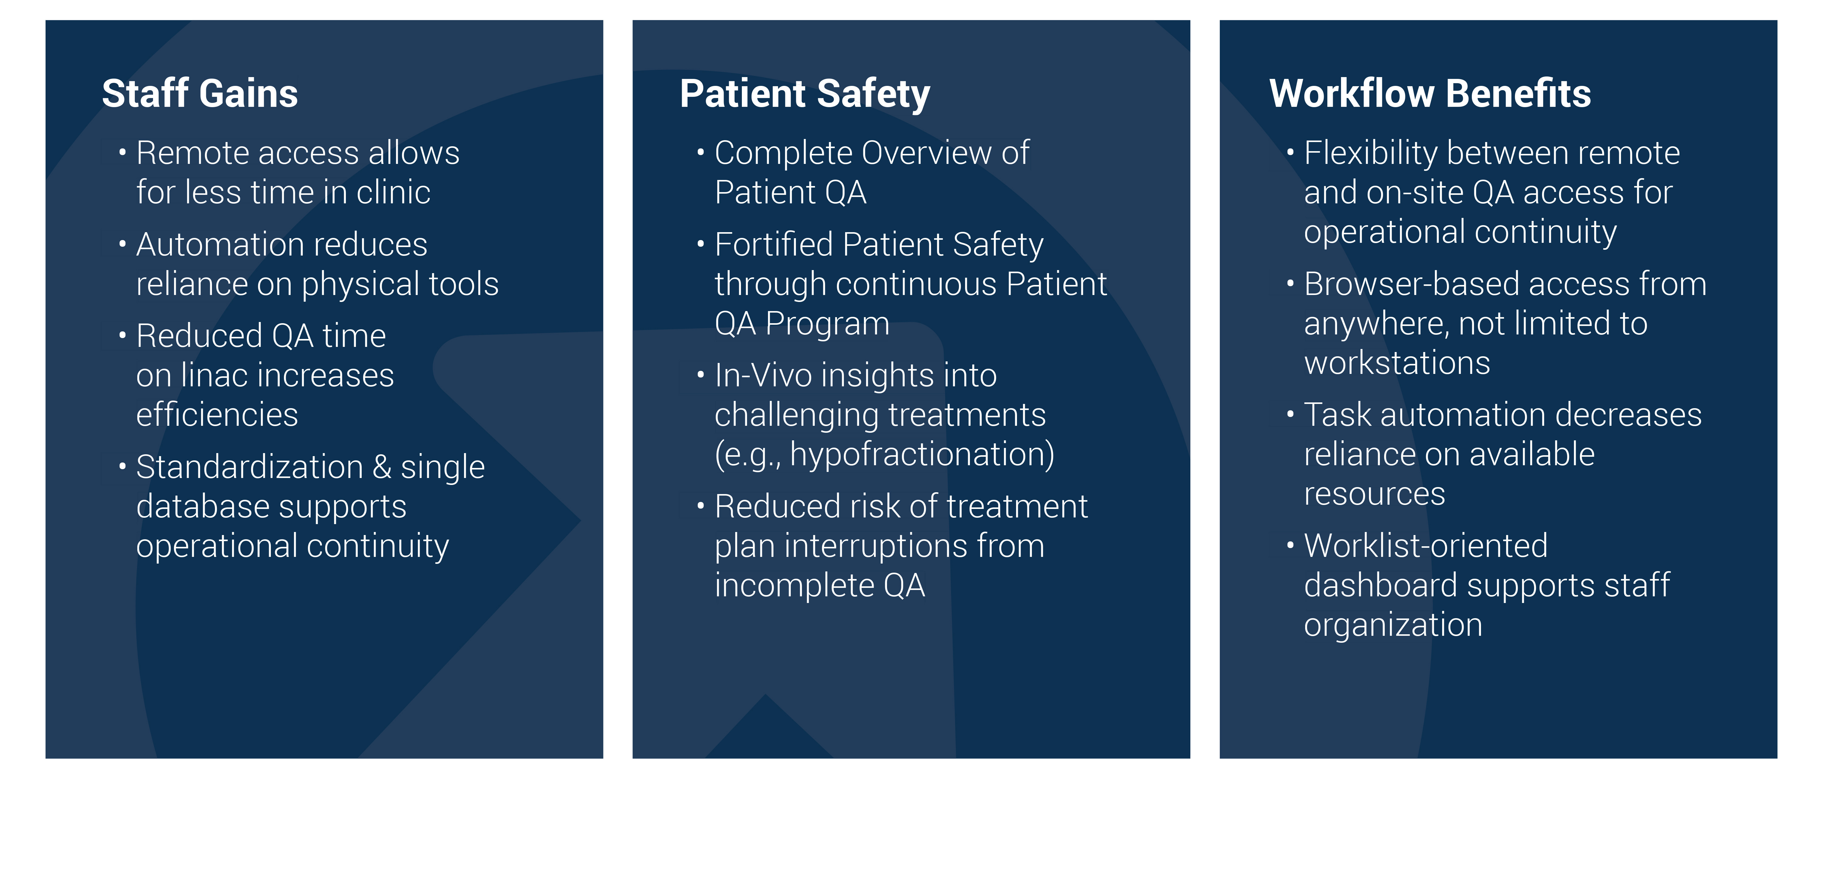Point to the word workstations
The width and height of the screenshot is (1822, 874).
1397,363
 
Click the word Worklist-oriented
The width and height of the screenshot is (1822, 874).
1426,546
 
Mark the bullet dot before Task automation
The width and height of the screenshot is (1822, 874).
1290,414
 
